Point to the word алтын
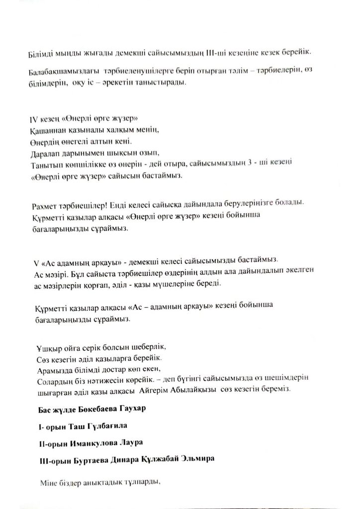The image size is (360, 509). click(102, 142)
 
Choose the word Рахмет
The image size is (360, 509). click(46, 205)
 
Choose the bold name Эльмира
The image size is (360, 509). click(197, 459)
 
